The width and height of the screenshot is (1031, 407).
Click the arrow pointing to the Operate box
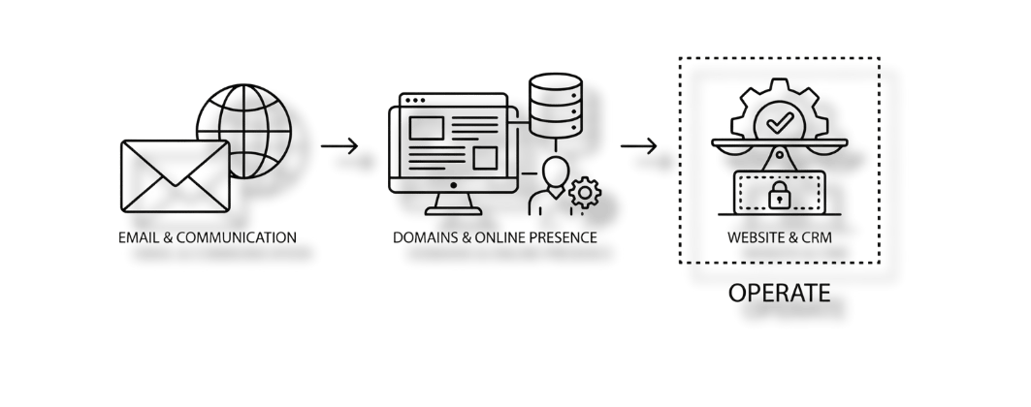click(x=640, y=148)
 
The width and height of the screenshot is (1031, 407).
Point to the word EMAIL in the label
click(x=136, y=237)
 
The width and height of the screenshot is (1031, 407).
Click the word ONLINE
click(x=495, y=237)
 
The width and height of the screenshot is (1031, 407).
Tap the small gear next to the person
click(x=584, y=194)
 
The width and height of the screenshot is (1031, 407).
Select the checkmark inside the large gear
click(x=777, y=123)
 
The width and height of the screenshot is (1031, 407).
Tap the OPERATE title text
click(x=779, y=292)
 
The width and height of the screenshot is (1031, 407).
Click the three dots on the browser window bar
click(x=412, y=99)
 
